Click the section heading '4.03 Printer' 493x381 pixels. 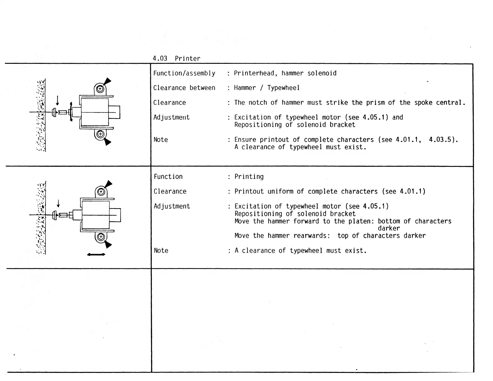[x=176, y=59]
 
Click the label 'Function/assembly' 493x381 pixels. [x=184, y=73]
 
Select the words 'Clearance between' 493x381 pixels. [x=184, y=88]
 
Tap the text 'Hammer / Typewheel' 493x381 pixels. [x=267, y=88]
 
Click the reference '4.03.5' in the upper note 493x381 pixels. [x=440, y=139]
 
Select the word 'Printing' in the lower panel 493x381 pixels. [x=249, y=176]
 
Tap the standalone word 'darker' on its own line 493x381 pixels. [x=389, y=228]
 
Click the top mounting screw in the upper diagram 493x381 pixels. [x=100, y=89]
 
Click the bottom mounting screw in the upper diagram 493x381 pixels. [x=100, y=134]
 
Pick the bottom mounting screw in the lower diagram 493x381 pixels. [x=101, y=237]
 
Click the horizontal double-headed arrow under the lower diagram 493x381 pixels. [x=96, y=255]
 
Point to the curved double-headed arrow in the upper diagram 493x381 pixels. [x=71, y=111]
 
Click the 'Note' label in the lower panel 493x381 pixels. [x=161, y=251]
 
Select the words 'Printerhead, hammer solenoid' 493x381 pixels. [x=285, y=73]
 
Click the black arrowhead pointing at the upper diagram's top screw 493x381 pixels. [x=107, y=82]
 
